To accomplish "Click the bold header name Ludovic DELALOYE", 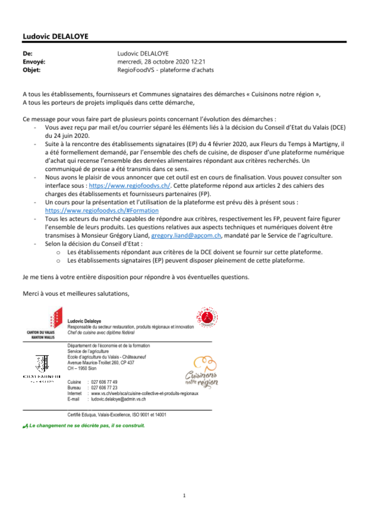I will coord(56,36).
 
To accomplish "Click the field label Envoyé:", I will coord(34,62).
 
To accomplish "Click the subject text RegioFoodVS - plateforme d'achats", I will coord(165,70).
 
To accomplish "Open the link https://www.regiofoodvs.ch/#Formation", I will coord(102,211).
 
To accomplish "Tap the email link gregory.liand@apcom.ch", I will coord(186,236).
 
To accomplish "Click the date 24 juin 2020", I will coord(67,136).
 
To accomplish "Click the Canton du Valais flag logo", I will coord(56,318).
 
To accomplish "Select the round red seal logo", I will coord(207,317).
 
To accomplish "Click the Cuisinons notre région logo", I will coord(202,372).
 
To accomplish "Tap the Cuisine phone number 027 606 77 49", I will coord(104,382).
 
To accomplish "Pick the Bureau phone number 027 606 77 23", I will coord(104,388).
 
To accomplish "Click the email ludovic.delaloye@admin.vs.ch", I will coord(118,399).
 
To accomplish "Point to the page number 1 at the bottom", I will coord(184,496).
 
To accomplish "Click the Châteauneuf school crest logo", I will coord(42,364).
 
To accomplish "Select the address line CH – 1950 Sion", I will coord(82,368).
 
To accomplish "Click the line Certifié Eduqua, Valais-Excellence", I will coord(117,415).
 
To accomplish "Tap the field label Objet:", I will coord(32,70).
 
